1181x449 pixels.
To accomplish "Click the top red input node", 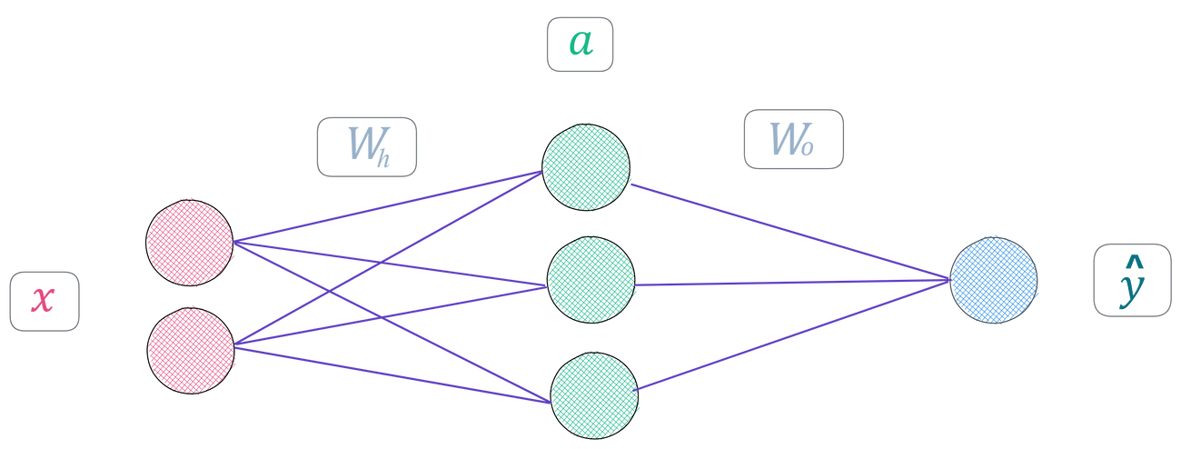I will click(189, 242).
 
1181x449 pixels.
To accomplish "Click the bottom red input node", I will click(191, 350).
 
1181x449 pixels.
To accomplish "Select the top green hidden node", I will click(586, 166).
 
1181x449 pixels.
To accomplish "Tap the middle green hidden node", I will click(590, 280).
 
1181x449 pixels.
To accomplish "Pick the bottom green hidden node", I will click(594, 396).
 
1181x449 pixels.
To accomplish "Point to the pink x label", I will click(43, 300).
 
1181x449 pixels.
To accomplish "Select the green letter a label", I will click(581, 43).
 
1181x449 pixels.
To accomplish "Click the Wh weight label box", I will click(366, 145).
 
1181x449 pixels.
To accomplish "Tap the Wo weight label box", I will click(793, 139).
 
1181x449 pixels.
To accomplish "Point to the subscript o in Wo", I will click(806, 147).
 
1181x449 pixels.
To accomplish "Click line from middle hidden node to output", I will click(790, 284).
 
